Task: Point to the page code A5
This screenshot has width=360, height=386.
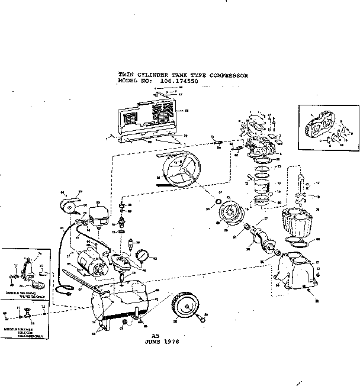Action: point(156,336)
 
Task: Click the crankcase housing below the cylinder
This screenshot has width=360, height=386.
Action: point(294,271)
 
